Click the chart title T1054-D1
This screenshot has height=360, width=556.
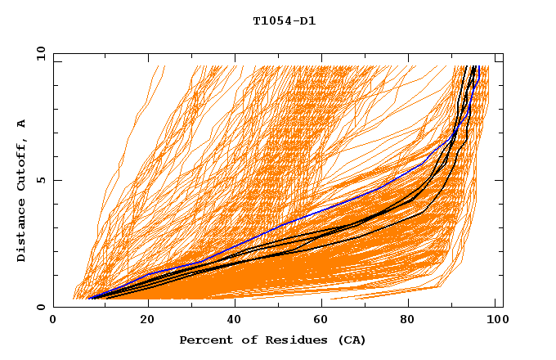(x=284, y=21)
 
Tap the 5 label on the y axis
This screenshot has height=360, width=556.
(x=40, y=180)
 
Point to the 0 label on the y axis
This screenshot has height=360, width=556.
(x=40, y=307)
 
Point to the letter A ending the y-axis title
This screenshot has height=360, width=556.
(x=21, y=124)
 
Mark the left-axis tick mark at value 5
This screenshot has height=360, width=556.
(x=56, y=180)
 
